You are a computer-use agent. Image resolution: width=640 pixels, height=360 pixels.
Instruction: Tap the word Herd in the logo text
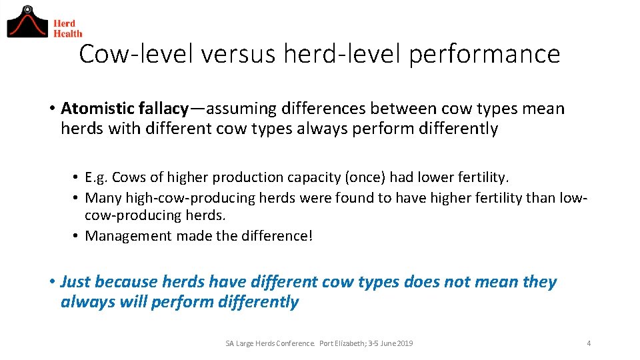point(65,23)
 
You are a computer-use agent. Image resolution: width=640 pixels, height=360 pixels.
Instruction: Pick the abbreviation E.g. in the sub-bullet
point(97,177)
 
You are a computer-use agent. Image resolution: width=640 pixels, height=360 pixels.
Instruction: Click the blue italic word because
point(124,282)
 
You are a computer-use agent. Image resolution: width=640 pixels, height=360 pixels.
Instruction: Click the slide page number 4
point(589,343)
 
